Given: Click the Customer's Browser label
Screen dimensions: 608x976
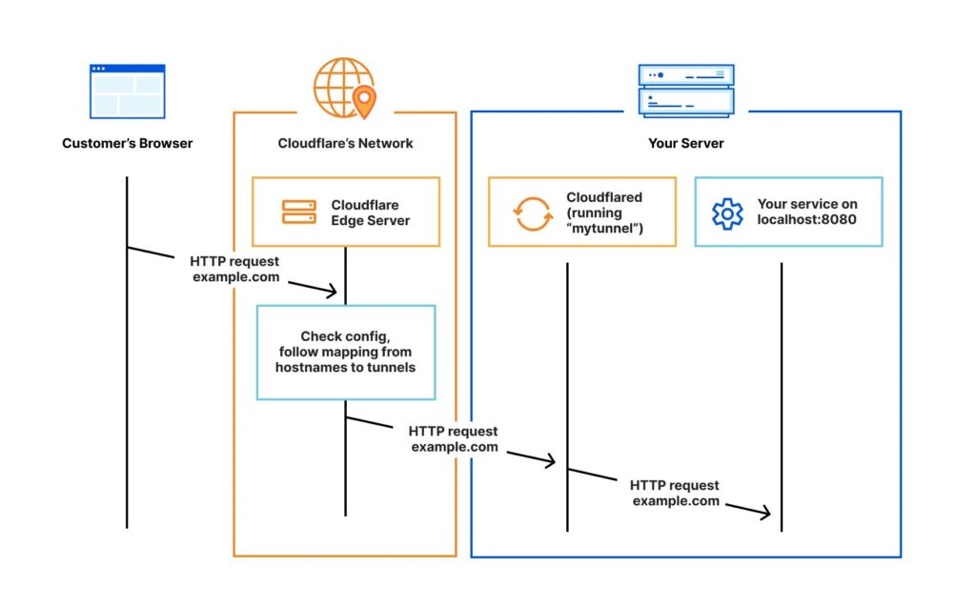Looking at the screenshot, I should (127, 144).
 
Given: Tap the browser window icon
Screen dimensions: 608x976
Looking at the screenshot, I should (127, 91).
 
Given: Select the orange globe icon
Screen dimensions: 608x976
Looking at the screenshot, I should (339, 88).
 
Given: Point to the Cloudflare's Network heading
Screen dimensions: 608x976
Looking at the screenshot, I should (345, 144).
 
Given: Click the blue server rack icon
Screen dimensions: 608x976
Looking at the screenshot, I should (686, 90).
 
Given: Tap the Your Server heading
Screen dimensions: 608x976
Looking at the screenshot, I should (685, 144).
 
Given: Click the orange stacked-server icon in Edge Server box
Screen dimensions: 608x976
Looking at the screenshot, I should (298, 212).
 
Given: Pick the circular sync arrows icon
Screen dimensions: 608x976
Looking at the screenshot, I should (533, 213).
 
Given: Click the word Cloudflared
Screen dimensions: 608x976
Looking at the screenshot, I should (604, 197).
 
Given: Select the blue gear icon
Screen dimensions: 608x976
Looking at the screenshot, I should (727, 213).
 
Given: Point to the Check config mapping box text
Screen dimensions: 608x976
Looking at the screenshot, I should (345, 352).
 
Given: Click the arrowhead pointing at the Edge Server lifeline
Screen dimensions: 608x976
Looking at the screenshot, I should (333, 290).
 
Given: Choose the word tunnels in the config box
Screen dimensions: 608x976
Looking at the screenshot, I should (392, 367).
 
